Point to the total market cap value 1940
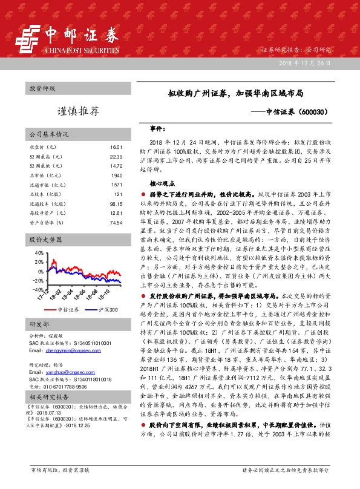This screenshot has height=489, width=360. [117, 175]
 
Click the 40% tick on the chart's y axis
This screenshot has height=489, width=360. [39, 252]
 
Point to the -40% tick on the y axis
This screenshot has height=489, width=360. [38, 289]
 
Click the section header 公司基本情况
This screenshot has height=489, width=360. [49, 134]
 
